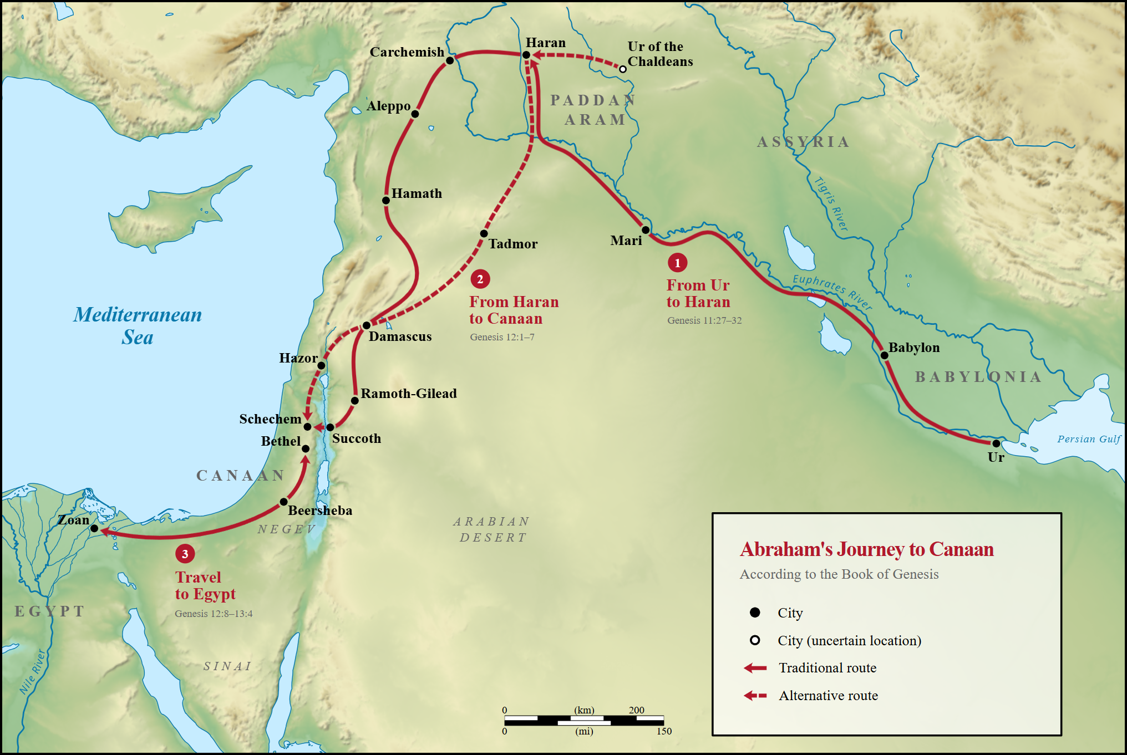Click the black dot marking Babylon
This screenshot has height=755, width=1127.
pyautogui.click(x=884, y=355)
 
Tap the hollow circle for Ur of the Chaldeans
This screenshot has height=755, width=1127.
pyautogui.click(x=623, y=69)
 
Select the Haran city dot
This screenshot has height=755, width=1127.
pyautogui.click(x=526, y=55)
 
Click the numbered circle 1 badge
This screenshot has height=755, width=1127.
pyautogui.click(x=677, y=263)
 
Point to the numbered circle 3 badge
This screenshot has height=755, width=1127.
pyautogui.click(x=185, y=553)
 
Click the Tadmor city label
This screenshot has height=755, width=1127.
pyautogui.click(x=512, y=244)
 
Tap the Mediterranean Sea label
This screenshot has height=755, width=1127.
pyautogui.click(x=138, y=326)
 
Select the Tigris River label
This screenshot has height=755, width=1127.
pyautogui.click(x=831, y=203)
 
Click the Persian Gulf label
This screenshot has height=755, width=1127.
pyautogui.click(x=1088, y=439)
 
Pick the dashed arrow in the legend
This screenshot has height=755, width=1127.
pyautogui.click(x=755, y=695)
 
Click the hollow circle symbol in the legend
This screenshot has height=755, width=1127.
pyautogui.click(x=755, y=640)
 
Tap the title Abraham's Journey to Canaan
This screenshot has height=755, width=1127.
pyautogui.click(x=866, y=549)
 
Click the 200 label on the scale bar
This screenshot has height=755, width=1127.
pyautogui.click(x=636, y=710)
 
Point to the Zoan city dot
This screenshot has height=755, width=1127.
pyautogui.click(x=94, y=528)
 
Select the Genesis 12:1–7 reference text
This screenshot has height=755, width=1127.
pyautogui.click(x=502, y=337)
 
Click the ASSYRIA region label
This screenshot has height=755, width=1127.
pyautogui.click(x=803, y=142)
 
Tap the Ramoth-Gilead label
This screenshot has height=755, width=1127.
pyautogui.click(x=409, y=394)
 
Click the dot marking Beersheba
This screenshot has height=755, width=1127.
pyautogui.click(x=283, y=502)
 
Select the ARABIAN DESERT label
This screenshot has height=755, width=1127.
pyautogui.click(x=491, y=529)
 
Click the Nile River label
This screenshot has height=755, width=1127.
pyautogui.click(x=32, y=672)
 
